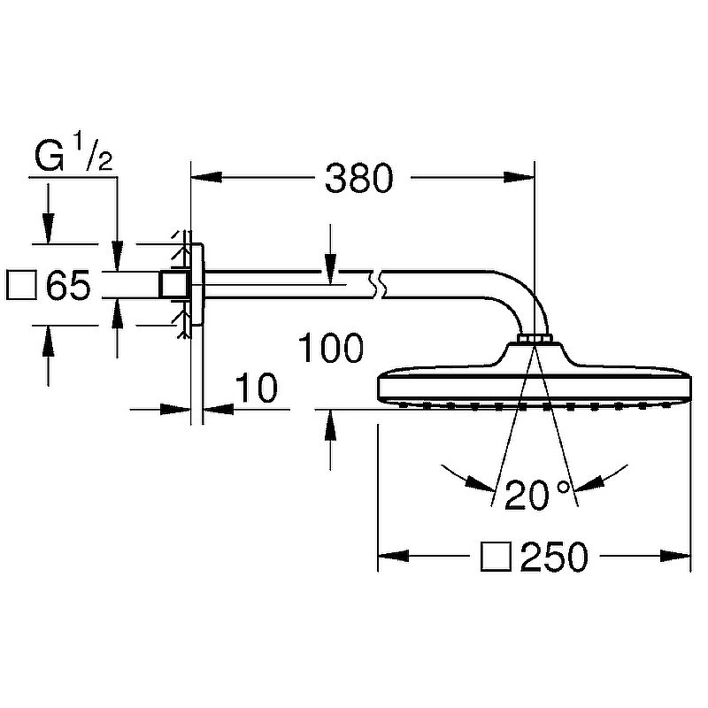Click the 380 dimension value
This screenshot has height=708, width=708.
pos(358,179)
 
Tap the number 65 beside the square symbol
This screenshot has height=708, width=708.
pos(68,286)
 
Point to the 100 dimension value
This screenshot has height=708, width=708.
pos(330,349)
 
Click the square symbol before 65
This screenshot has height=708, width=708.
pos(21,286)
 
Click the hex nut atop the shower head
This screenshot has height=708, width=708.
pos(534,339)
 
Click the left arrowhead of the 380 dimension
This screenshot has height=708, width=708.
pos(204,179)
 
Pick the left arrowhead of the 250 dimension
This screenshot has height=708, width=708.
pos(391,557)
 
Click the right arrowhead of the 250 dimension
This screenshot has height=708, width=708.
pos(678,557)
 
